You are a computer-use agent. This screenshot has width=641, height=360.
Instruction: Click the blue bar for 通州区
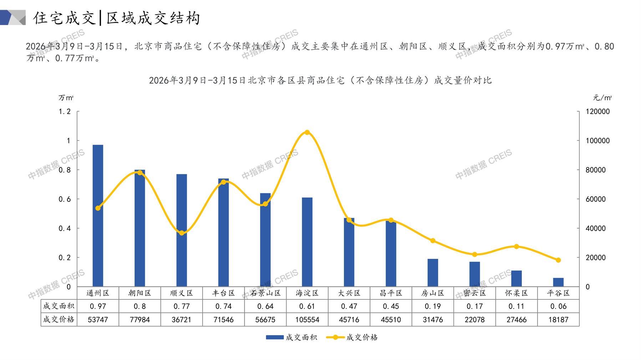(x=98, y=216)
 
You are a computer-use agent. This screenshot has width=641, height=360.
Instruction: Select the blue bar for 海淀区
(x=307, y=242)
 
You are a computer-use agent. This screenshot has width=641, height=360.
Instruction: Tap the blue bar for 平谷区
(x=558, y=282)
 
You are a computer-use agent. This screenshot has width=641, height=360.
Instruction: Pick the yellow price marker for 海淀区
(x=307, y=133)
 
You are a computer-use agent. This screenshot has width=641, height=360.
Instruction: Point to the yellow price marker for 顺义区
(x=182, y=233)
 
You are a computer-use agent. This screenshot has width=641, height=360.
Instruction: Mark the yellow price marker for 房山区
(x=433, y=241)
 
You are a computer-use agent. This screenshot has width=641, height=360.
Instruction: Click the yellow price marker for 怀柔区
(x=517, y=247)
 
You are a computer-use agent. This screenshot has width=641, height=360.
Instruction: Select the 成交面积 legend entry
(x=291, y=337)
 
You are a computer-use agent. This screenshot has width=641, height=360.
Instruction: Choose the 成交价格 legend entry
(x=352, y=337)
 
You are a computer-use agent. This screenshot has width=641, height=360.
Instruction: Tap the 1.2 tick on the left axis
(x=65, y=112)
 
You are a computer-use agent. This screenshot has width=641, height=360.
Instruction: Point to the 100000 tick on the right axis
(x=598, y=141)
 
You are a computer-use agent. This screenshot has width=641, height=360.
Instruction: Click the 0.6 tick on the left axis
(x=65, y=199)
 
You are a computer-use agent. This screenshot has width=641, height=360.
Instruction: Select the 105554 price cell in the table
(x=307, y=320)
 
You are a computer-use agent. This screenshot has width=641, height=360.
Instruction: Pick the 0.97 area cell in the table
(x=98, y=306)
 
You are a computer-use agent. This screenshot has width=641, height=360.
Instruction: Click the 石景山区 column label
(x=265, y=293)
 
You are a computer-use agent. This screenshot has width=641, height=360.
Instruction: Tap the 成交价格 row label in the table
(x=59, y=320)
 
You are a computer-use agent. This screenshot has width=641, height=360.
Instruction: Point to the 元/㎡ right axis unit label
(x=602, y=98)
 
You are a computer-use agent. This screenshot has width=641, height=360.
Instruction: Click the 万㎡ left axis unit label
(x=66, y=98)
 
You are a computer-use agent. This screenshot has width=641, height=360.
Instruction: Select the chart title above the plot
(x=320, y=80)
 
